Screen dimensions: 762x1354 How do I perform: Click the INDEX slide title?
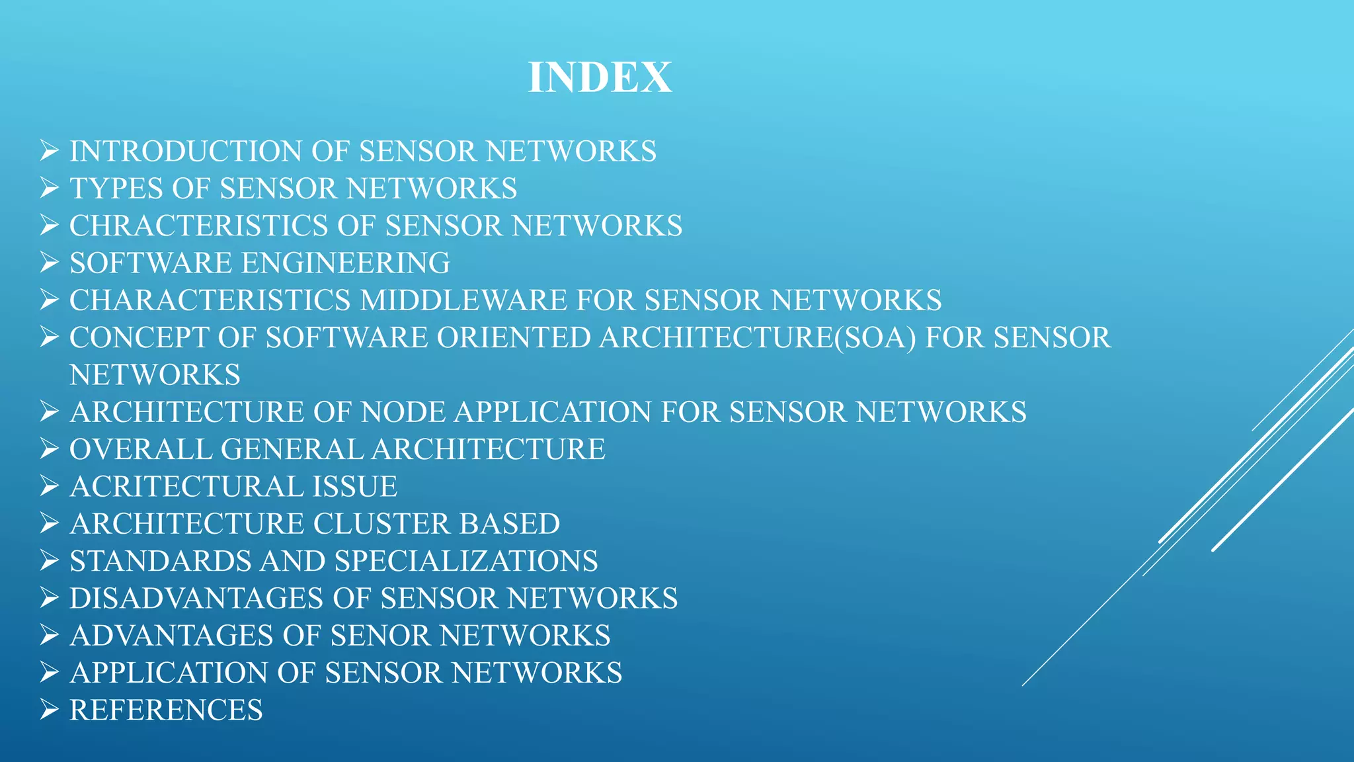[600, 77]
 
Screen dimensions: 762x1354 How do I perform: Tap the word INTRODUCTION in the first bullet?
[186, 151]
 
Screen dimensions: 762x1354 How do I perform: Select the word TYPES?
[116, 189]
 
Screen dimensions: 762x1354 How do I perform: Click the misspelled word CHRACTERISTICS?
[198, 226]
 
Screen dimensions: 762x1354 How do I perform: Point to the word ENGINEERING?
[346, 263]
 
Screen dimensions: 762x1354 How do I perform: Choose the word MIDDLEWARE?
[463, 301]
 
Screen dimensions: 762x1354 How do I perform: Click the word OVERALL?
[140, 450]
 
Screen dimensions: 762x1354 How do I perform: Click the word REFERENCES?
[166, 710]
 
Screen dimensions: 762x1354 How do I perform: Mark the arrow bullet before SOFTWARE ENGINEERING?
[50, 263]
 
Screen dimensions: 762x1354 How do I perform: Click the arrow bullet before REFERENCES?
[50, 710]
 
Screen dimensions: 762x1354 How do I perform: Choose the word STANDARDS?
[161, 562]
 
